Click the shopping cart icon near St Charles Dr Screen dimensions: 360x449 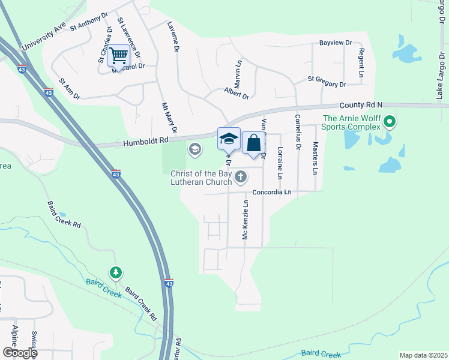point(119,56)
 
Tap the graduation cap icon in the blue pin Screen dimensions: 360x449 point(228,139)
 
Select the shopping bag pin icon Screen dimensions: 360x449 point(254,143)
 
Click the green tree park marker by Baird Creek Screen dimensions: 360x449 point(115,273)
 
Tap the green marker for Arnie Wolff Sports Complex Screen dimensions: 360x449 point(389,122)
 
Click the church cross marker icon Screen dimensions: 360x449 point(241,176)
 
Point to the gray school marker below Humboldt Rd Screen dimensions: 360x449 point(195,148)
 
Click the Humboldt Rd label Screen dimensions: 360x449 point(146,142)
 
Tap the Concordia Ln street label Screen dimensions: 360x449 point(272,192)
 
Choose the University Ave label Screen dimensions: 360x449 point(43,38)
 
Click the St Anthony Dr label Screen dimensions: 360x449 point(89,23)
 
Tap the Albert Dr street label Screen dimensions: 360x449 point(237,92)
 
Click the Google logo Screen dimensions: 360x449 point(19,353)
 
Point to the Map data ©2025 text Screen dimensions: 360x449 point(423,355)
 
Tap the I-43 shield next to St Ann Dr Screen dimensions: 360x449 point(49,92)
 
